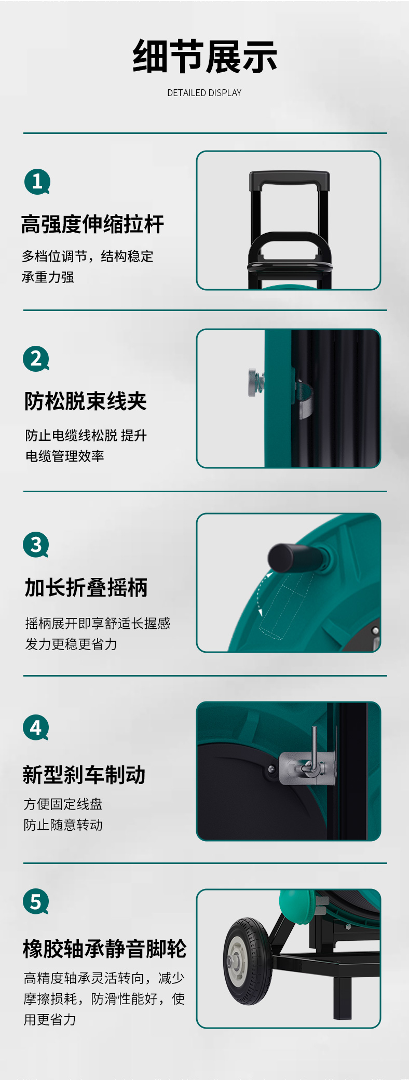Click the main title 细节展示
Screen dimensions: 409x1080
tap(204, 57)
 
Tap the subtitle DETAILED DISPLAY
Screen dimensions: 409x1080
tap(204, 93)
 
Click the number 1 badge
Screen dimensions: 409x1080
tap(37, 181)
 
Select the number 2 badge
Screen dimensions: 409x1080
tap(36, 359)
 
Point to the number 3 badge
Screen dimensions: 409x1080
tap(36, 545)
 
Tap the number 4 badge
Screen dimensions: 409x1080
tap(36, 728)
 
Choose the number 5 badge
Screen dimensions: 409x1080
tap(36, 902)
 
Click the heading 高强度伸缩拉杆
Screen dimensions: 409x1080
tap(92, 224)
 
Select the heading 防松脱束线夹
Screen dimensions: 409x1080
tap(86, 401)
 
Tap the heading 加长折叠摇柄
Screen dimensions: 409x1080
tap(86, 588)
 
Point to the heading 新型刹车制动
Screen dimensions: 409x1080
tap(84, 775)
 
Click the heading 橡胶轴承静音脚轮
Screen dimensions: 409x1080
tap(104, 949)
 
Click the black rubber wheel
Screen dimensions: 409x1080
tap(248, 961)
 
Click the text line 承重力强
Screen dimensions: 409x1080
tap(48, 277)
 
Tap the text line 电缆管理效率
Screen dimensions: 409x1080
tap(65, 456)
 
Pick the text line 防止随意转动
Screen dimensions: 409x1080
tap(63, 825)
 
